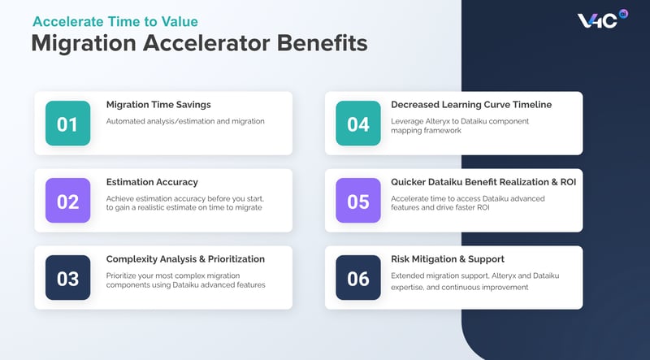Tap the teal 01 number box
[67, 124]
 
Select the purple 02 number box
[67, 201]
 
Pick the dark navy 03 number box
[67, 278]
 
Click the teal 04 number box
[358, 124]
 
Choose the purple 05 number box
[358, 201]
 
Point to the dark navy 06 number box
[358, 278]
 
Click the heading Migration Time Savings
[158, 105]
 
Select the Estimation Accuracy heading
[152, 182]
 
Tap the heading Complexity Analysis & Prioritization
[186, 259]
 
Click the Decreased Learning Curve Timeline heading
[471, 105]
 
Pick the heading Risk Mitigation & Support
[448, 259]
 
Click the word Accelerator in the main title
[214, 43]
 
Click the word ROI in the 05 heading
[566, 182]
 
